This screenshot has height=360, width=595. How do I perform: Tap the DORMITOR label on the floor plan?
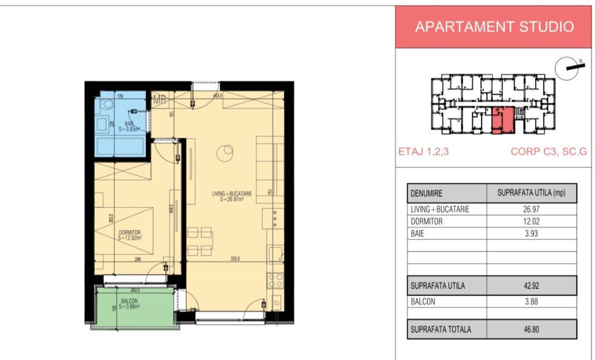coord(129,235)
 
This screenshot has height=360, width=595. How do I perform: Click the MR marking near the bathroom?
coord(159,100)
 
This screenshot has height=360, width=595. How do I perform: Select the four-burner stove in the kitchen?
coord(275,281)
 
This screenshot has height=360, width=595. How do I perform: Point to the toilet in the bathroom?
coord(106,105)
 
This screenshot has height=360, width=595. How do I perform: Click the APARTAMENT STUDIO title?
coord(494,27)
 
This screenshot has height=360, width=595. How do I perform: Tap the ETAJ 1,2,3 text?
coord(423,153)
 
